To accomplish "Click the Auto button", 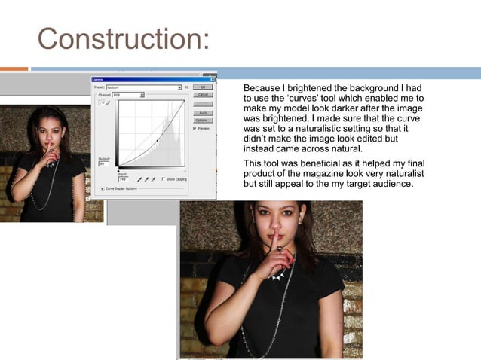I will [x=202, y=111].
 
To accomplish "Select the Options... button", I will [x=202, y=120].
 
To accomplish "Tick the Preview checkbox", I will [x=195, y=128].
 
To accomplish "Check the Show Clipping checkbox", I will [x=164, y=179].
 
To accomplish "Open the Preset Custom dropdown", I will [x=179, y=87].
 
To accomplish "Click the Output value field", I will [x=104, y=164].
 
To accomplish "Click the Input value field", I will [x=124, y=179].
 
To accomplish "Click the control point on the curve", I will [x=157, y=141].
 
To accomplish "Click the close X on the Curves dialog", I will [x=213, y=78].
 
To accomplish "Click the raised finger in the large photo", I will [x=275, y=241].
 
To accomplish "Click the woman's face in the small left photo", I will [x=47, y=129].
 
